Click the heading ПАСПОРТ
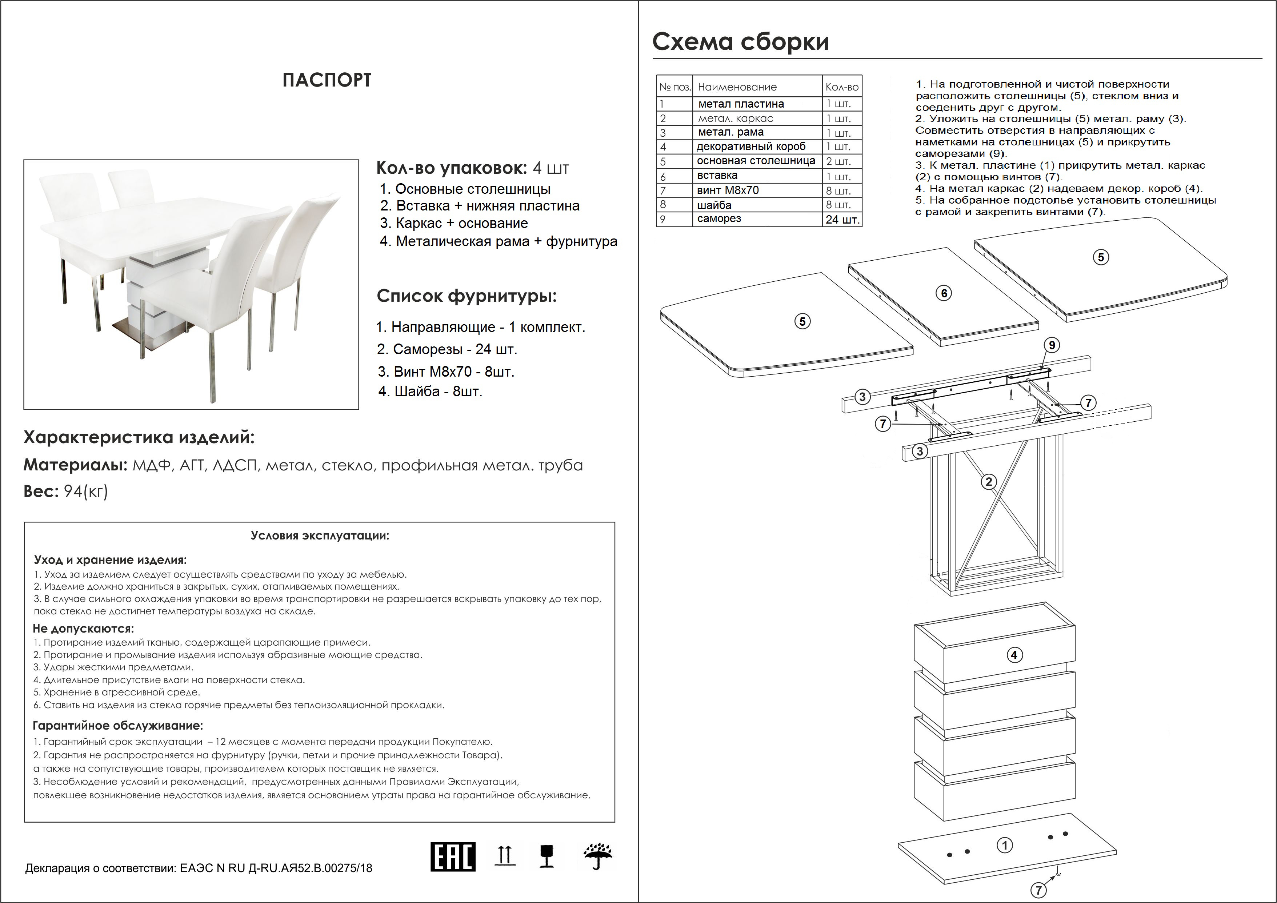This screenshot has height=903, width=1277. pyautogui.click(x=327, y=80)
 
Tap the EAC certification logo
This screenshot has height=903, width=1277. pyautogui.click(x=453, y=856)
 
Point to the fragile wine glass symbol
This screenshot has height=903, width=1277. pyautogui.click(x=547, y=856)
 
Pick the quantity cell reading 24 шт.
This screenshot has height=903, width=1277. pyautogui.click(x=842, y=219)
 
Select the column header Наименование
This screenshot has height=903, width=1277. pyautogui.click(x=737, y=87)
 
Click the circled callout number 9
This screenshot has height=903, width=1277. pyautogui.click(x=1052, y=345)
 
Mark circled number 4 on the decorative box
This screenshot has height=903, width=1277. pyautogui.click(x=1014, y=655)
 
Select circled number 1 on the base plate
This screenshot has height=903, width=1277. pyautogui.click(x=1004, y=846)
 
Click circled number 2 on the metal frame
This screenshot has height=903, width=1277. pyautogui.click(x=988, y=482)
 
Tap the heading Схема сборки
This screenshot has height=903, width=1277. pyautogui.click(x=740, y=42)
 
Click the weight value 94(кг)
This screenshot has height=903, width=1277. pyautogui.click(x=86, y=491)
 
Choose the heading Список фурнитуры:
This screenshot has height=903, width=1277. pyautogui.click(x=466, y=296)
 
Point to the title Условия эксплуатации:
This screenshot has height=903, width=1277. pyautogui.click(x=320, y=536)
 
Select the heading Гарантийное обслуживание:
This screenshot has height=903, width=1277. pyautogui.click(x=118, y=726)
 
